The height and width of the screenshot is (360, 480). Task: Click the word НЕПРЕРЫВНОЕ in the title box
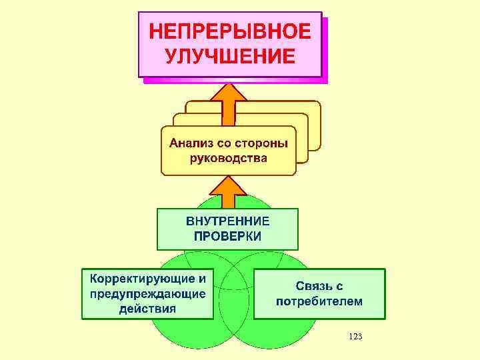(229, 31)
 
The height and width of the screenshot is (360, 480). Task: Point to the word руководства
(228, 159)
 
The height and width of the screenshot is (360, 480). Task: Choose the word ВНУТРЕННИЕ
(227, 221)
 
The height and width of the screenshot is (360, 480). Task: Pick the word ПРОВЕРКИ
(227, 235)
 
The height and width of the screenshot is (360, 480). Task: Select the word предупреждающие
(147, 293)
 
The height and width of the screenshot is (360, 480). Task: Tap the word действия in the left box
(147, 308)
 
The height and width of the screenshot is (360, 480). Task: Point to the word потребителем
(319, 301)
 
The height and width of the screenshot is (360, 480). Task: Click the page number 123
(355, 337)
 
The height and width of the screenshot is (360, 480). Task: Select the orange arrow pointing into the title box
(229, 103)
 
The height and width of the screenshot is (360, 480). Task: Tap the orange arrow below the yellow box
(228, 193)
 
